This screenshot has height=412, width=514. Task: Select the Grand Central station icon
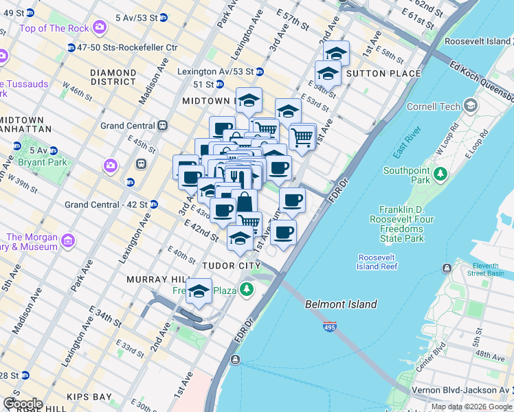163,126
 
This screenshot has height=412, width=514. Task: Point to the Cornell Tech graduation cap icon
471,106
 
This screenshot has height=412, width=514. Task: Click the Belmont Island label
341,304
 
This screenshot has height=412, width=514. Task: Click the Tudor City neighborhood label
231,265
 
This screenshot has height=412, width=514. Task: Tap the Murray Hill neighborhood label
157,279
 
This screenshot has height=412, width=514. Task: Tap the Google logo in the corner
23,404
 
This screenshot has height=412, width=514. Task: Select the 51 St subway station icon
219,84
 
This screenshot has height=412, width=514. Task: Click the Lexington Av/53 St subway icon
260,71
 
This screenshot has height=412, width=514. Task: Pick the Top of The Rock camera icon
100,27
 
